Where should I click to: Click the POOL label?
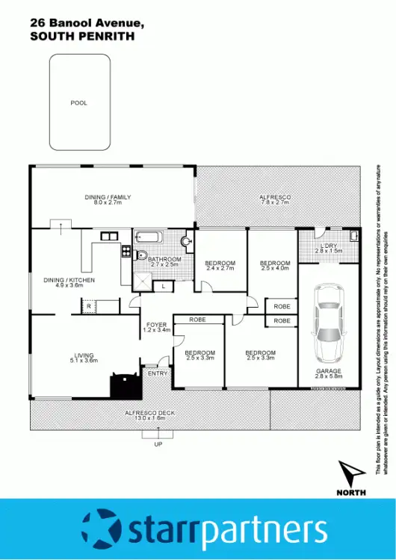(x=78, y=103)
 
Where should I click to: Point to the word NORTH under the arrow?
(x=351, y=493)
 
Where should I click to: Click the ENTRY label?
(x=157, y=373)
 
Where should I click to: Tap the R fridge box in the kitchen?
(x=89, y=306)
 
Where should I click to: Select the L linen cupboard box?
(x=164, y=286)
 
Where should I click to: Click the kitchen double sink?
(x=109, y=237)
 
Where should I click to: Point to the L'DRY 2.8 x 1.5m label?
(x=330, y=249)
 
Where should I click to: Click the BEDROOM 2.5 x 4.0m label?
(x=274, y=266)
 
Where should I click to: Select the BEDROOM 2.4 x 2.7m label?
(x=220, y=266)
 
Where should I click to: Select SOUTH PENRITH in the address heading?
(x=82, y=36)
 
